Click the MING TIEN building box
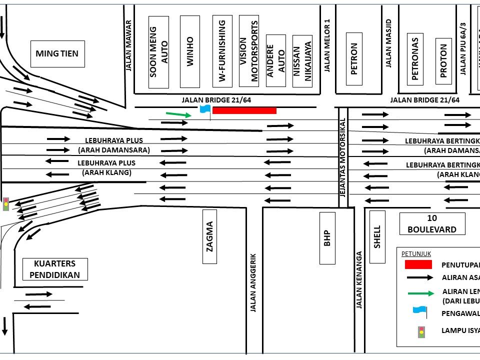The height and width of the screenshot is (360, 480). [57, 53]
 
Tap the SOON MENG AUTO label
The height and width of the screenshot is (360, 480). [159, 52]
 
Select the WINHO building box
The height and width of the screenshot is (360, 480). [190, 52]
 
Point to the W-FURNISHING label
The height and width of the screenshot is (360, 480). [222, 50]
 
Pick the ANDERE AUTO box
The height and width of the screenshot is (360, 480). [276, 60]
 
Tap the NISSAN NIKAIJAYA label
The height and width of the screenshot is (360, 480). [302, 61]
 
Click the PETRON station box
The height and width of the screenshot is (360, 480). [354, 59]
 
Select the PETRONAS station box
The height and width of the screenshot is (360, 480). [414, 58]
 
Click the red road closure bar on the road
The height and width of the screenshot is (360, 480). [244, 110]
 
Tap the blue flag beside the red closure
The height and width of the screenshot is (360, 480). [204, 109]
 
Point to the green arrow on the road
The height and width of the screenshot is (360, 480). [178, 114]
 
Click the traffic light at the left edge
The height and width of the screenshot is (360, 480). [6, 203]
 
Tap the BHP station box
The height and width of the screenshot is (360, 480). [327, 238]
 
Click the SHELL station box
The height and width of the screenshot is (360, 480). [377, 236]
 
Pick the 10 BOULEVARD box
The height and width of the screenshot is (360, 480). [432, 223]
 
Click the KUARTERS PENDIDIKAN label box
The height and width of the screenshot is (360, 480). [55, 269]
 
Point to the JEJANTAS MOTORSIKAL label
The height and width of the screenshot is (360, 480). [343, 156]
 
